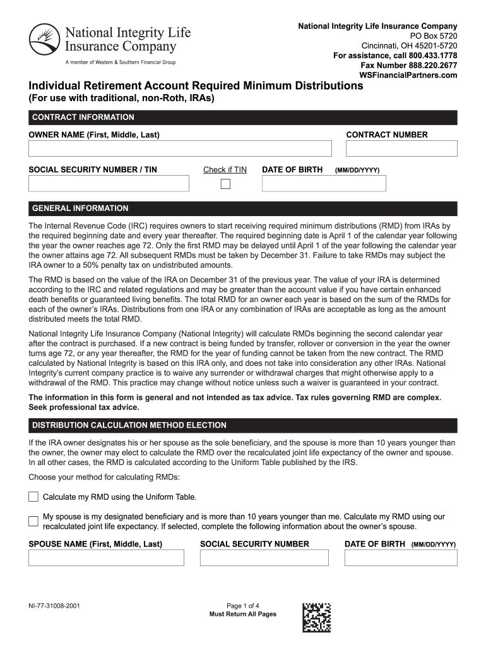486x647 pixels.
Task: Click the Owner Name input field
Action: [180, 148]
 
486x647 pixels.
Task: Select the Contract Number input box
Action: [401, 148]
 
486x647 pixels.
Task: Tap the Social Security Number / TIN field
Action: [109, 183]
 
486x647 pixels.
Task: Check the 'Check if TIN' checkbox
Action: [225, 184]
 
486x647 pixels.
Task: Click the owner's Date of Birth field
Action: [324, 183]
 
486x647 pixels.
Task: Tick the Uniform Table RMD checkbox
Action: [33, 497]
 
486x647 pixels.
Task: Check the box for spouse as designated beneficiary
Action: [33, 521]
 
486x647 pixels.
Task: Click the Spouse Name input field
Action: [106, 557]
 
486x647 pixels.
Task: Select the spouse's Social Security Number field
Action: [264, 557]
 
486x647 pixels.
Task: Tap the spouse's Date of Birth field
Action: [400, 557]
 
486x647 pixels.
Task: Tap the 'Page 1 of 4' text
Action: [242, 605]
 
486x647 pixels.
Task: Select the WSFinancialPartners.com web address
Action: [408, 75]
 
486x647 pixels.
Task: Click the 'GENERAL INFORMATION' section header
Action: [80, 209]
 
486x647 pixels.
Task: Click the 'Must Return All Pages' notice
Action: [242, 614]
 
